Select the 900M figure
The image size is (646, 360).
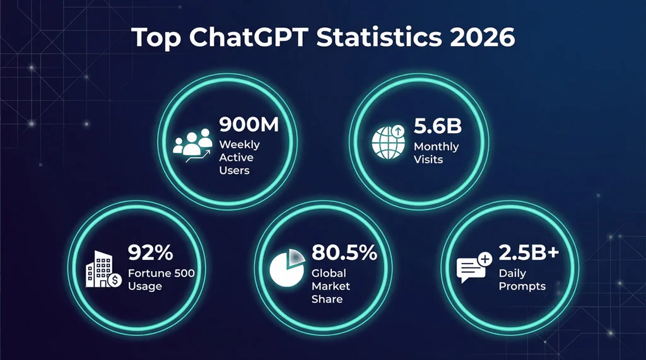pos(249,125)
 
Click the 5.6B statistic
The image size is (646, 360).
pos(438,126)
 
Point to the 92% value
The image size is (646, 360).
pos(150,253)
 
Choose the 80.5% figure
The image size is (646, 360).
pos(344,253)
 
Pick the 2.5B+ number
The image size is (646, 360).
pos(529,253)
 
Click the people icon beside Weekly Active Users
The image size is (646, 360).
pos(193,147)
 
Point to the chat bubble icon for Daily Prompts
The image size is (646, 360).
pos(473,269)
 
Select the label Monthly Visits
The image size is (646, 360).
pos(436,153)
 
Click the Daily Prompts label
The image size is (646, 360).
pos(522,280)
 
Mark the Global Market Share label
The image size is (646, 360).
pos(331,286)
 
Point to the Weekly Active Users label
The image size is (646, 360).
pos(239,158)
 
